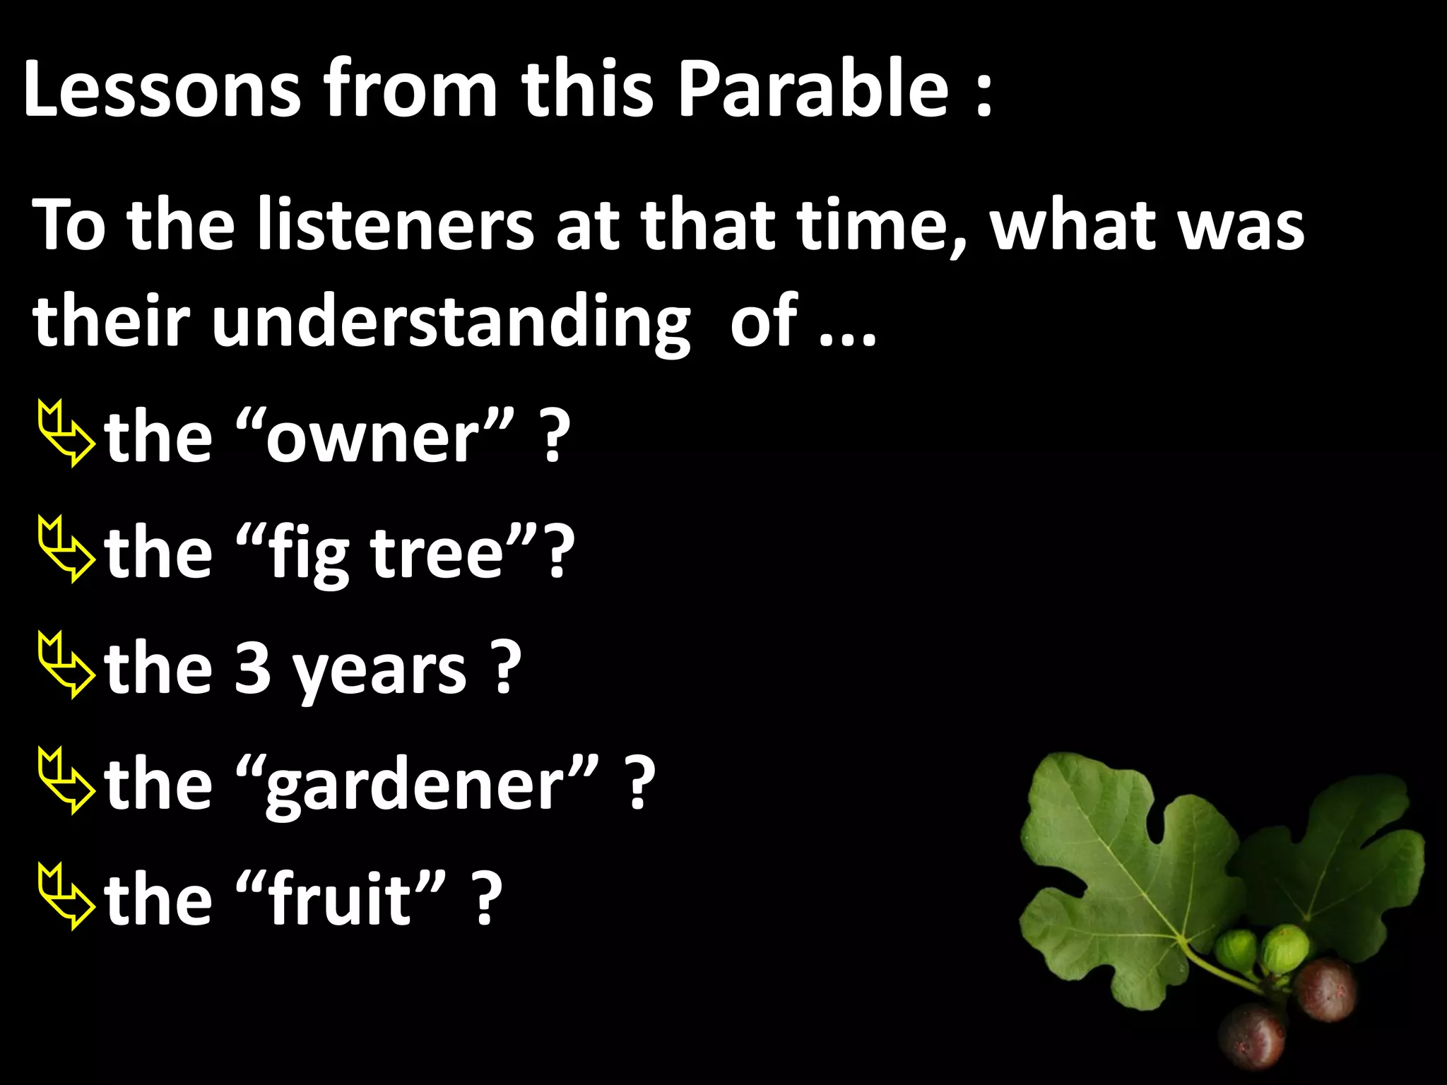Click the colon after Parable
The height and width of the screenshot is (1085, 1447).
coord(984,95)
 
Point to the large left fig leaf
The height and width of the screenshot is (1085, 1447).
coord(1130,876)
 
